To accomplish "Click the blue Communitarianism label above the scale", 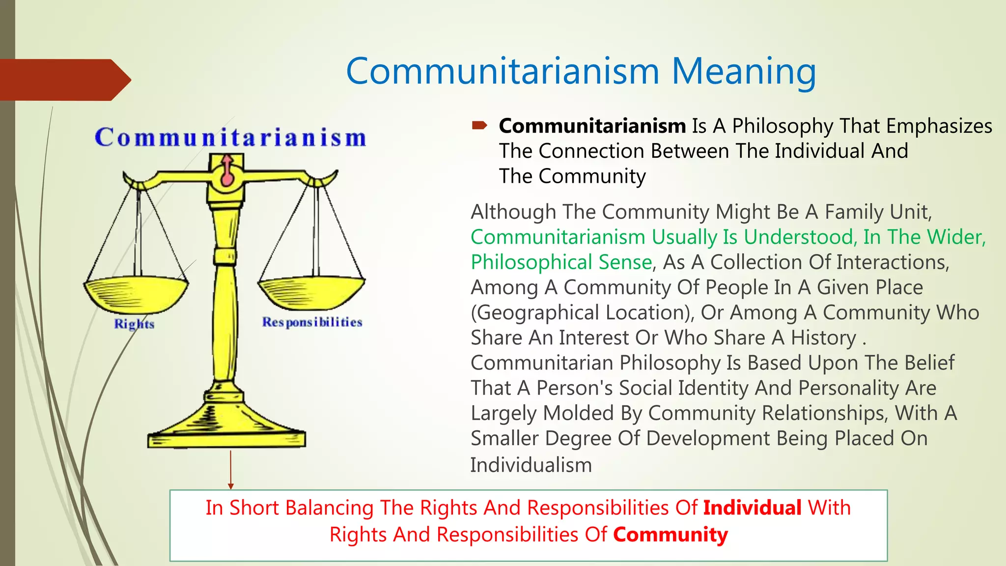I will click(x=230, y=137).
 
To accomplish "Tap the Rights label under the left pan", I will click(x=134, y=324).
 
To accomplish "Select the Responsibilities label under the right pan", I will click(x=312, y=322).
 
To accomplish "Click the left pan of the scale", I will click(x=136, y=294).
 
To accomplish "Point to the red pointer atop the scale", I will click(x=227, y=172).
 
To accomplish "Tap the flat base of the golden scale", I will click(x=226, y=438).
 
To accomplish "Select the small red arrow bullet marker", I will click(x=479, y=126).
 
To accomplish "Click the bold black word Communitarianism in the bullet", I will click(x=592, y=126).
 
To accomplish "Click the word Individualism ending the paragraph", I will click(x=531, y=465).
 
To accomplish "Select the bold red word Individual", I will click(x=752, y=508).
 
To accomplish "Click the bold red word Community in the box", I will click(x=670, y=535).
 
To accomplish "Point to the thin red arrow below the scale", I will click(x=230, y=470).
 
